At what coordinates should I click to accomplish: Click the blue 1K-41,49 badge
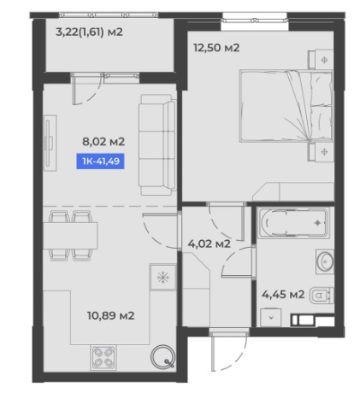click(x=100, y=161)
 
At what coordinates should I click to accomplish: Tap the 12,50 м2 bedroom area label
click(x=216, y=48)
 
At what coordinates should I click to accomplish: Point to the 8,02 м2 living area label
click(x=103, y=141)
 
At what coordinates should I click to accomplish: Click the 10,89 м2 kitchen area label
click(x=111, y=315)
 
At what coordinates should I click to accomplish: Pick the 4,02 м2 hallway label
click(x=210, y=243)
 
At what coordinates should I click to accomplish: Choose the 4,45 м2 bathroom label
click(x=283, y=294)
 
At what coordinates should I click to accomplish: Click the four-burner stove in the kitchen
click(x=103, y=358)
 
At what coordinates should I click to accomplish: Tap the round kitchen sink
click(x=162, y=356)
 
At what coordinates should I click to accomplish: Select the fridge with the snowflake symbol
click(x=163, y=277)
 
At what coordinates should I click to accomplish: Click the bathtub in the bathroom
click(x=292, y=222)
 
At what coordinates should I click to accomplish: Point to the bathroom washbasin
click(x=325, y=261)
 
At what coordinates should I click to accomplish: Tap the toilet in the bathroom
click(x=322, y=296)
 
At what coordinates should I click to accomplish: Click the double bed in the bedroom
click(x=286, y=106)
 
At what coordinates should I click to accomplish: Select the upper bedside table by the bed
click(x=322, y=59)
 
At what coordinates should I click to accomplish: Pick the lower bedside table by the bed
click(x=322, y=152)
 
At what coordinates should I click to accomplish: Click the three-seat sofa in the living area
click(x=157, y=144)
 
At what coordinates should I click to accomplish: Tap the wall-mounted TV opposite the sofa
click(x=50, y=143)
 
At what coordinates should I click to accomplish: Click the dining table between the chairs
click(x=70, y=236)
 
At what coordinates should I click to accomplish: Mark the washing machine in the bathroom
click(x=271, y=317)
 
